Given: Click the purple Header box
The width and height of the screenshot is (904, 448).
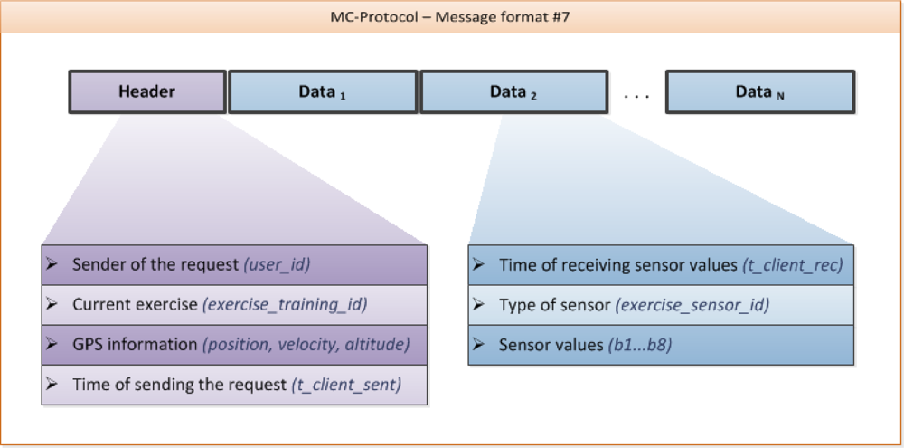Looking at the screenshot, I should click(x=147, y=91).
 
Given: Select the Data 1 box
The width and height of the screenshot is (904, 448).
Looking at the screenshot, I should click(x=323, y=91).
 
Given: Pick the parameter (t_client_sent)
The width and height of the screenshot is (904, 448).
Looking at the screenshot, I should click(x=345, y=385).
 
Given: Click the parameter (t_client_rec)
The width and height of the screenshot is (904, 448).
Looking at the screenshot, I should click(x=792, y=264).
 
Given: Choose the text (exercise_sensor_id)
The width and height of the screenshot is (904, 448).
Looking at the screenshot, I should click(x=692, y=305).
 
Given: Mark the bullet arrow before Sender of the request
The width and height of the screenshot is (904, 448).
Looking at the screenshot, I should click(x=52, y=264).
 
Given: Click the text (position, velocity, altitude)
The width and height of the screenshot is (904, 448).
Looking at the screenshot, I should click(x=306, y=344).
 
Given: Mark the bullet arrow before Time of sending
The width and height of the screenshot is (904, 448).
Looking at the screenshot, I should click(x=52, y=385).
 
